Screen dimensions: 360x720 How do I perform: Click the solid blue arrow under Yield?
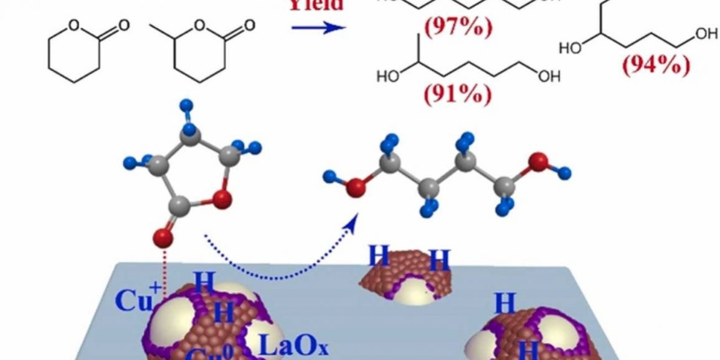pyautogui.click(x=318, y=28)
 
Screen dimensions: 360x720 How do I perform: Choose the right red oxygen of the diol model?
pyautogui.click(x=539, y=163)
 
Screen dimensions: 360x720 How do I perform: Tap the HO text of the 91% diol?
pyautogui.click(x=387, y=77)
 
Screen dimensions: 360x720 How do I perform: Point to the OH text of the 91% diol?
pyautogui.click(x=550, y=77)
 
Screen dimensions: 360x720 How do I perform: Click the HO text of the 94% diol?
pyautogui.click(x=570, y=48)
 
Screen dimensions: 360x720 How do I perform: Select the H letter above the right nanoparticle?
pyautogui.click(x=505, y=305)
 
